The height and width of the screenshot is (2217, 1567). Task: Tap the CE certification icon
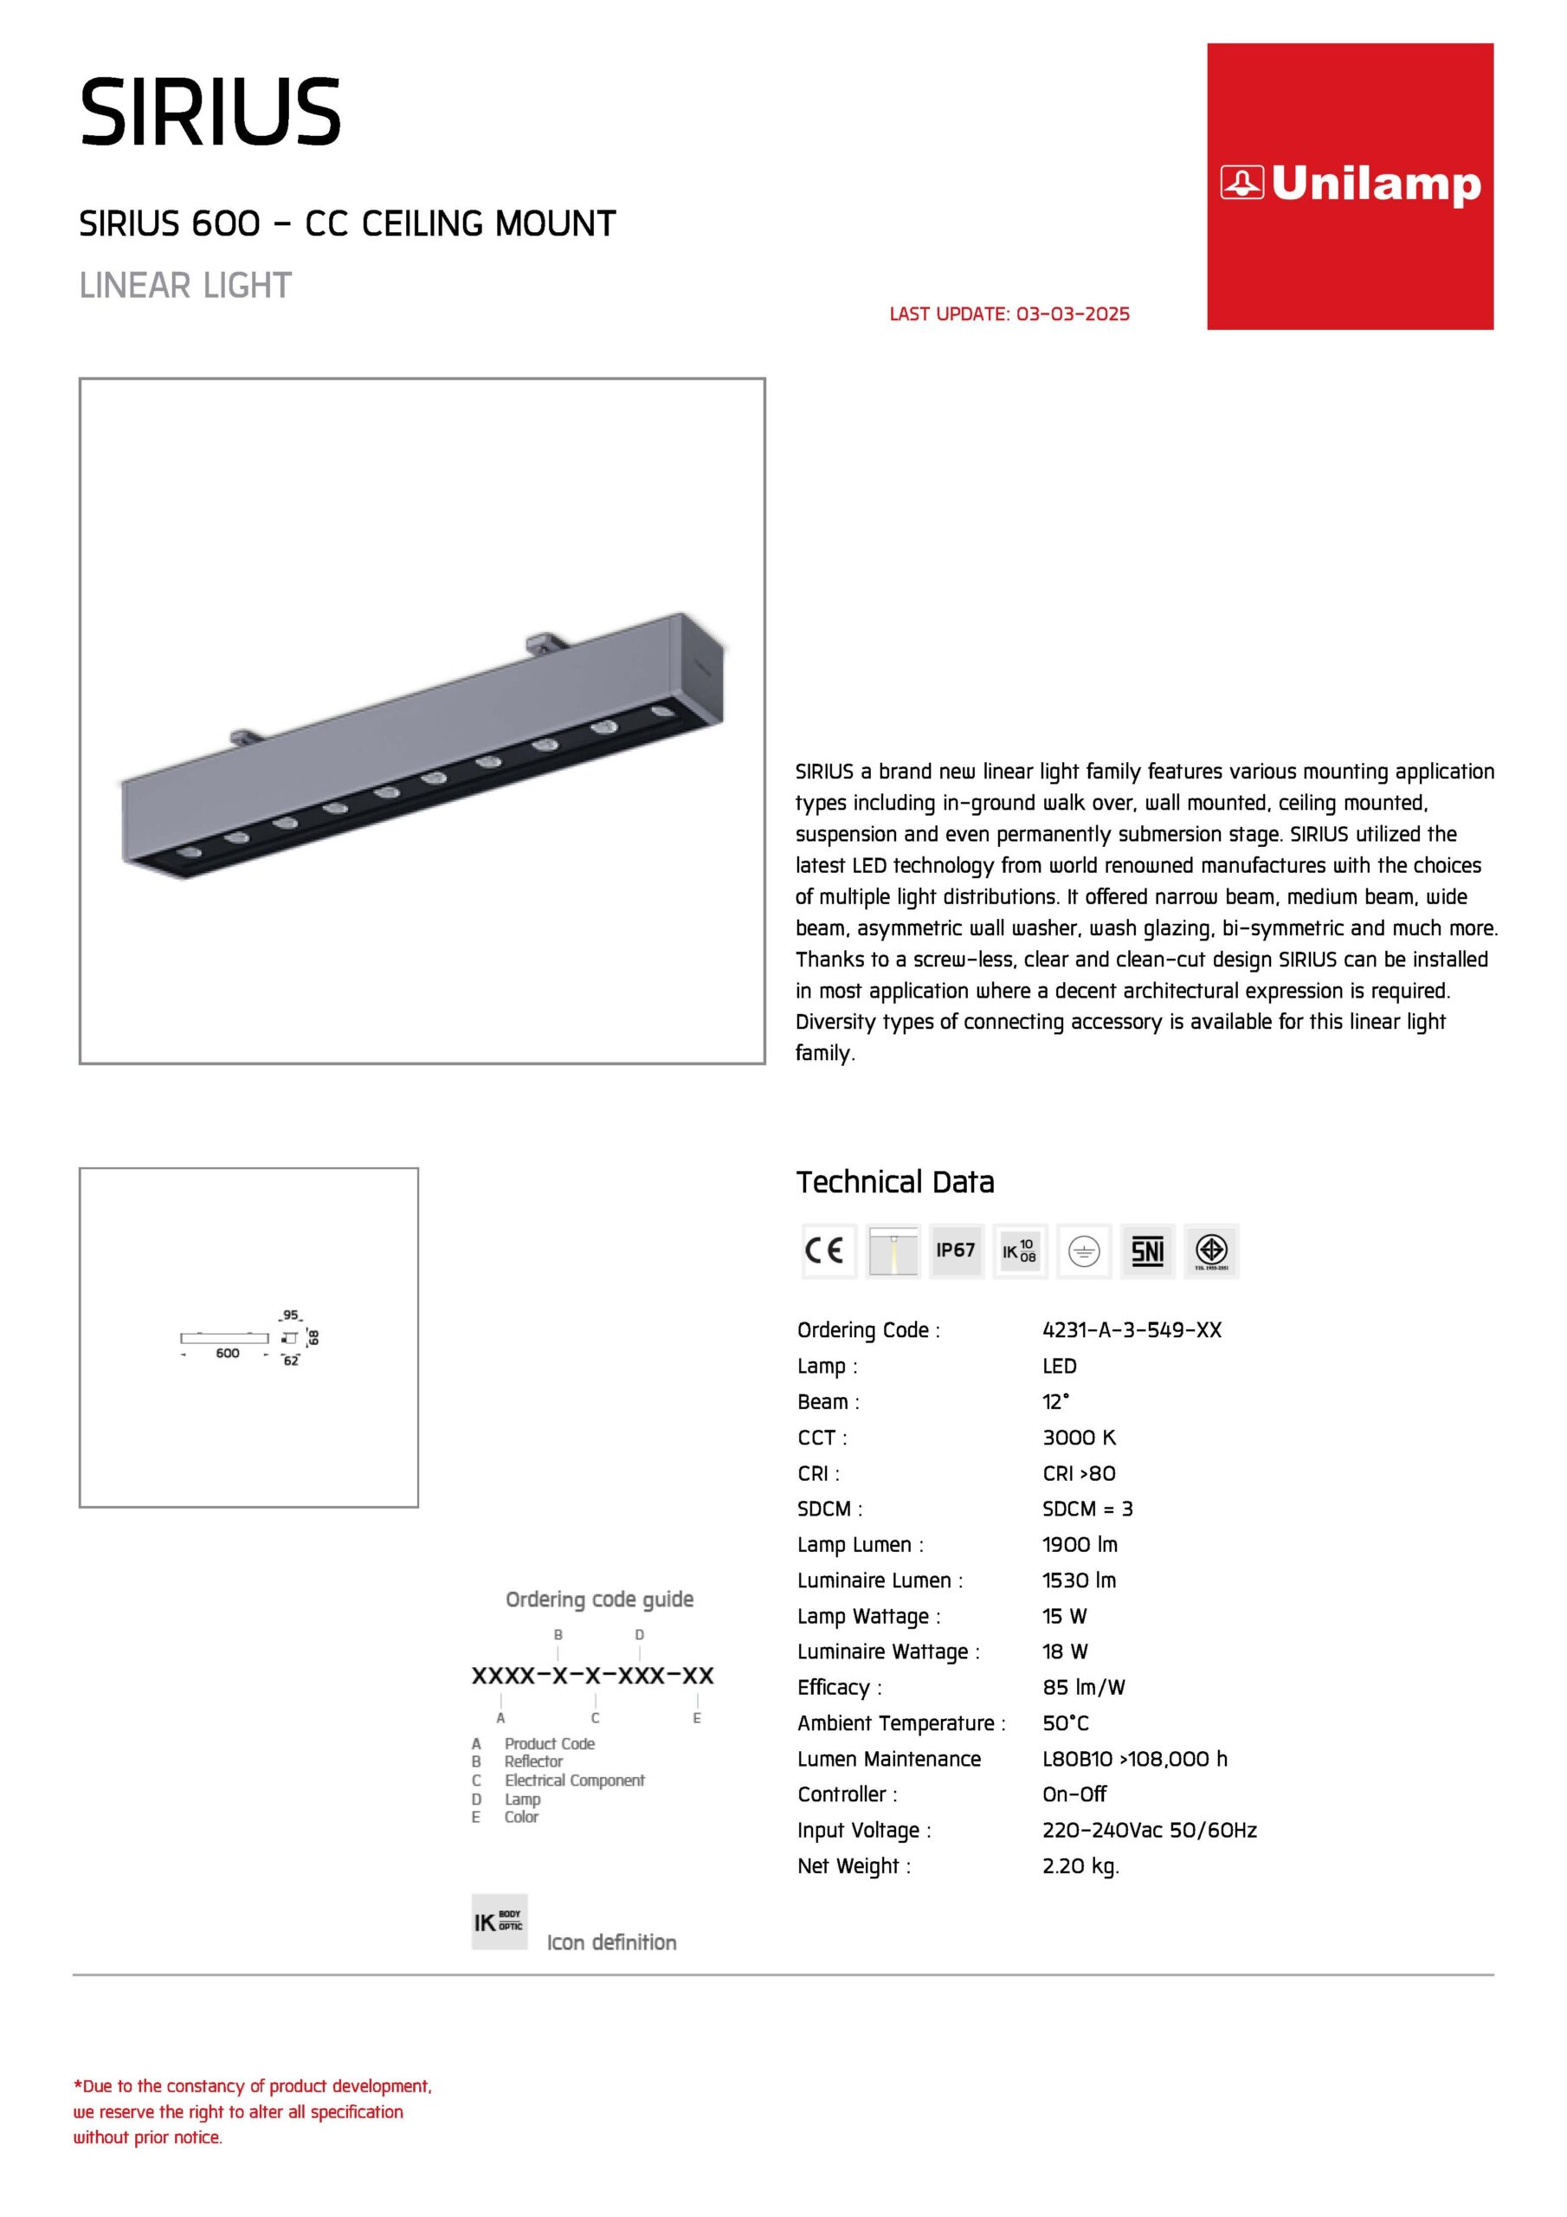(x=828, y=1251)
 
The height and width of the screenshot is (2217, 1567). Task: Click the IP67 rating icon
(x=955, y=1251)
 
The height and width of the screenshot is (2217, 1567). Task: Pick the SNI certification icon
(x=1147, y=1251)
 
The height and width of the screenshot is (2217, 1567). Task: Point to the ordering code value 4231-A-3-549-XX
(x=1132, y=1330)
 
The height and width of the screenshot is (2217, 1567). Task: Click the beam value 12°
(x=1055, y=1402)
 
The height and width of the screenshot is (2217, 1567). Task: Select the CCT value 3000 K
(x=1079, y=1438)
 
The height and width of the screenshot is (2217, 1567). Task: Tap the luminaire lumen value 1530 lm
(x=1079, y=1580)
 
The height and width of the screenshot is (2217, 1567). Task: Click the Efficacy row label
(x=839, y=1688)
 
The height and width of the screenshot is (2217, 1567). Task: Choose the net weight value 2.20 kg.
(x=1080, y=1866)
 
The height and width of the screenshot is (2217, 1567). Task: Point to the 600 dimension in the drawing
(x=228, y=1354)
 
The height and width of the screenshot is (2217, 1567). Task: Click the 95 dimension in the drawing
(x=291, y=1315)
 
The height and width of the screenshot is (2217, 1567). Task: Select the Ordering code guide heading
(x=600, y=1600)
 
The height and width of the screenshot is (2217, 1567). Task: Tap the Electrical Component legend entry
(x=573, y=1781)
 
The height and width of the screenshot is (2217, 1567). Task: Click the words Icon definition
(x=611, y=1942)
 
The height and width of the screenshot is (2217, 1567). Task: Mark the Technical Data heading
(x=895, y=1182)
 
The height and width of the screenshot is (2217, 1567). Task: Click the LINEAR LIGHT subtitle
(x=185, y=286)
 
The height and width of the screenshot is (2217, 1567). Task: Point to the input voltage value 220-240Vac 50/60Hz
(x=1149, y=1831)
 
